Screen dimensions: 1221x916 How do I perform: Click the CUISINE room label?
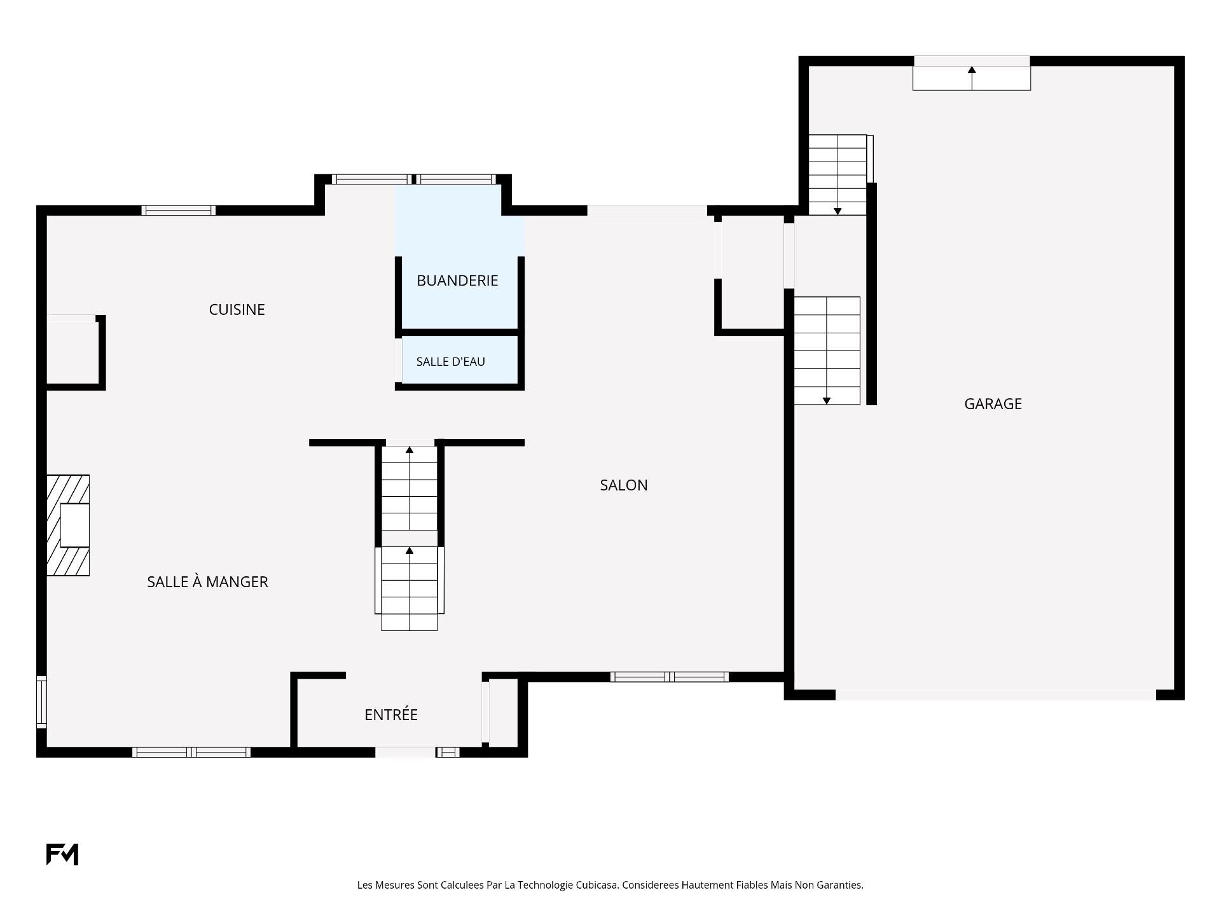click(x=237, y=310)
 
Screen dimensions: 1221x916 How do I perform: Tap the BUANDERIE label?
click(x=457, y=281)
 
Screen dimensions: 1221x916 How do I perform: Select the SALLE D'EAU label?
click(x=450, y=362)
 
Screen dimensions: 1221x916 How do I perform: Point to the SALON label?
click(x=624, y=485)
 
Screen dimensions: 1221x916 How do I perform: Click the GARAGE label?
click(x=993, y=404)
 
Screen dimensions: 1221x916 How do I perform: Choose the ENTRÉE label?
click(x=391, y=714)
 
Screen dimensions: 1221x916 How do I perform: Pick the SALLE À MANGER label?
click(x=207, y=581)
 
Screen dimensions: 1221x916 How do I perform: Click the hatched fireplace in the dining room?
click(x=67, y=525)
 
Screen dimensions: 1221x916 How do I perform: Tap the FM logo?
click(x=62, y=854)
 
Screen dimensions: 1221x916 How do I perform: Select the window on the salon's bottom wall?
click(x=669, y=677)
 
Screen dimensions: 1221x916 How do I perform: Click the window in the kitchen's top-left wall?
click(x=178, y=211)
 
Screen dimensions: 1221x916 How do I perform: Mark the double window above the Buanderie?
click(x=413, y=179)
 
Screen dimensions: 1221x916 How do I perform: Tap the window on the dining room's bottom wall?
click(x=191, y=753)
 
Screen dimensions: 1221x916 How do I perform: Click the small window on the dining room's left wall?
click(x=41, y=702)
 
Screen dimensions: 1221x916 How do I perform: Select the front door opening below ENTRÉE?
click(x=405, y=753)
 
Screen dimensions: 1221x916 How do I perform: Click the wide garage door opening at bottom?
click(x=995, y=695)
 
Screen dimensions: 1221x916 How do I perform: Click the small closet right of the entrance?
click(x=504, y=712)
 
